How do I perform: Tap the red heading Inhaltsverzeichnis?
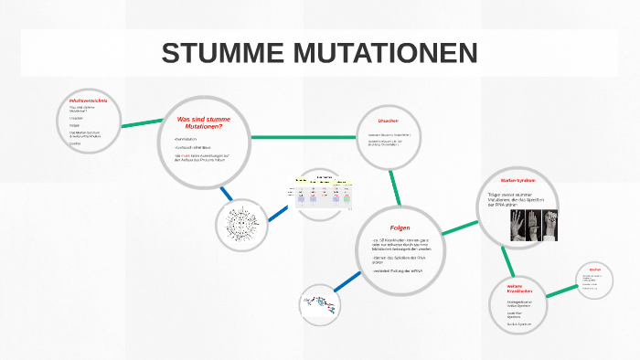tap(88, 100)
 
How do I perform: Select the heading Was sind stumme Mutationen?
tap(203, 123)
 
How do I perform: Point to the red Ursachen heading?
tap(388, 122)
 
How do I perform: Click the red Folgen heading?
tap(400, 226)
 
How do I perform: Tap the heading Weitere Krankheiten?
tap(519, 288)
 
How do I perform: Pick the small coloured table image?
tap(322, 194)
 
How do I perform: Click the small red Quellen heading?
tap(594, 270)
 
